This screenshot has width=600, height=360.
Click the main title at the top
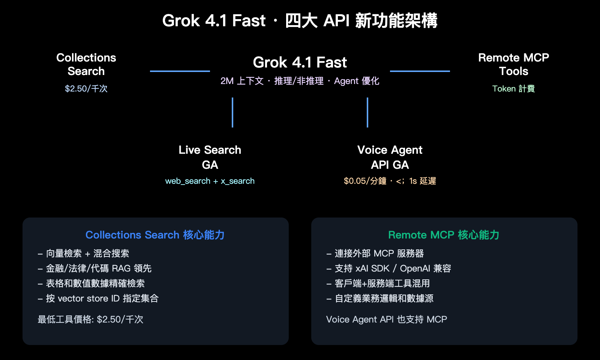coord(300,21)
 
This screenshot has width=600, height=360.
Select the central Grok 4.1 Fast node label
coord(300,62)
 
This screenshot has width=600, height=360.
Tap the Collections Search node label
coord(86,64)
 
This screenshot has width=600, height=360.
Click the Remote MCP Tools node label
coord(513,64)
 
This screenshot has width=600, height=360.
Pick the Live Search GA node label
coord(210,157)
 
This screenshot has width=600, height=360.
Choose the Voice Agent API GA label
coord(390,157)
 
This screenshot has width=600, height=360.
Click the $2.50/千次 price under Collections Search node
coord(86,88)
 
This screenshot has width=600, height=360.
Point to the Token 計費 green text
coord(513,88)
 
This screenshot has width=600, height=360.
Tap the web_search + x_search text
coord(210,181)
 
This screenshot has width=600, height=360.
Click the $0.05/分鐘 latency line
coord(390,181)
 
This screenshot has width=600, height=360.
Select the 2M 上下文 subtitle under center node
coord(300,81)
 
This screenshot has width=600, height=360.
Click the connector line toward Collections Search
coord(180,71)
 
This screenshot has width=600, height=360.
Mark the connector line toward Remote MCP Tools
coord(420,71)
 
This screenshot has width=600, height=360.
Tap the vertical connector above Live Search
coord(232,112)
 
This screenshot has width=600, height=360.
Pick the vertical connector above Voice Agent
coord(367,112)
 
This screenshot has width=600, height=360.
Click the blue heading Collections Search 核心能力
coord(155,235)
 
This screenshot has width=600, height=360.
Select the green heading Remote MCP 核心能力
coord(444,235)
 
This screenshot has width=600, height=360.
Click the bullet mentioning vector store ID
coord(98,298)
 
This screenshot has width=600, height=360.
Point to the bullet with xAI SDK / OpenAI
coord(388,268)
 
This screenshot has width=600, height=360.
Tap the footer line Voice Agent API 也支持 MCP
coord(386,319)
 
